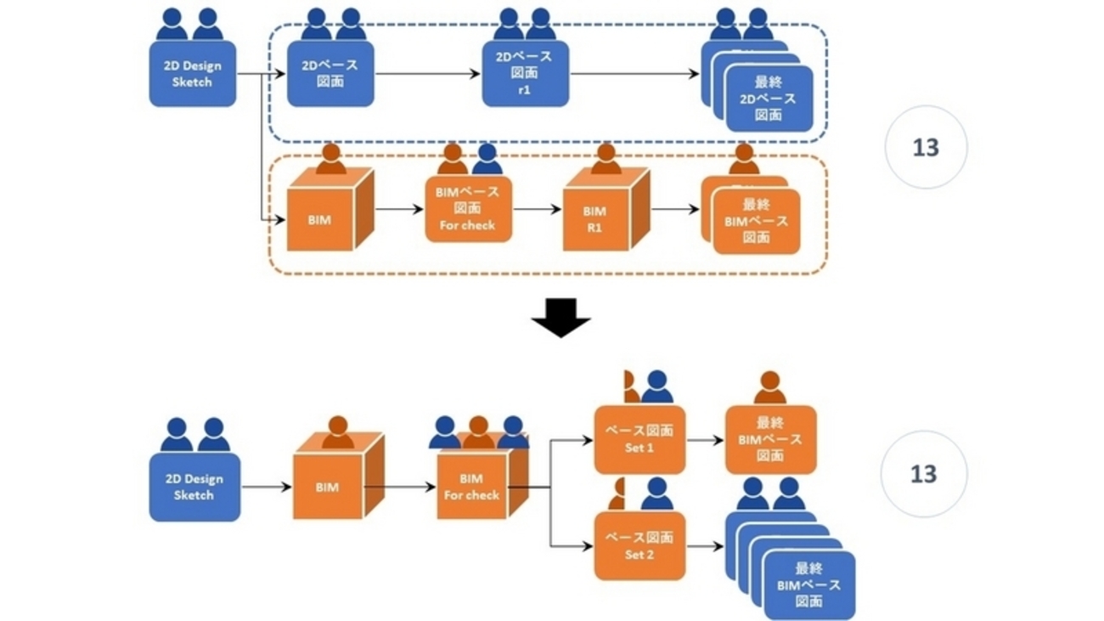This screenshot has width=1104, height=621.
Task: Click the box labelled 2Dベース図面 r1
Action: (x=525, y=74)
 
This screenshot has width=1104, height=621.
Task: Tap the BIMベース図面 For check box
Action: (x=467, y=209)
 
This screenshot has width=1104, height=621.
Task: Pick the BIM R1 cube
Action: (x=594, y=218)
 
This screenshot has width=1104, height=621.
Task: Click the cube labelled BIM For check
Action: (x=471, y=486)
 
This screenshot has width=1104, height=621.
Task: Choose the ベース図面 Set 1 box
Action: (x=639, y=439)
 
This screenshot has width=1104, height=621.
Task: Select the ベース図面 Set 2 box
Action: (x=639, y=545)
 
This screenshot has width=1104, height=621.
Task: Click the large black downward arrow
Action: (x=560, y=317)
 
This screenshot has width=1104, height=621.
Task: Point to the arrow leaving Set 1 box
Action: (x=705, y=440)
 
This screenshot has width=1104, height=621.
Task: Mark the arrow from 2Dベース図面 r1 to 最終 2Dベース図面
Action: (x=634, y=74)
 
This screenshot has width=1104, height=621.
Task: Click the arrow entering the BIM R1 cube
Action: (x=538, y=209)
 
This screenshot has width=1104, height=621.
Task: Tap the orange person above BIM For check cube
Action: (x=479, y=432)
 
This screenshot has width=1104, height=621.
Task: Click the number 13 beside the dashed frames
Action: (x=925, y=148)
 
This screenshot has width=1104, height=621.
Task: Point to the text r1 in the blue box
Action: (x=524, y=89)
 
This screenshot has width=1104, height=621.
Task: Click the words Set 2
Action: (x=639, y=554)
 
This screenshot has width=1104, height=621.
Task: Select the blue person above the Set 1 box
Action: (x=657, y=387)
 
